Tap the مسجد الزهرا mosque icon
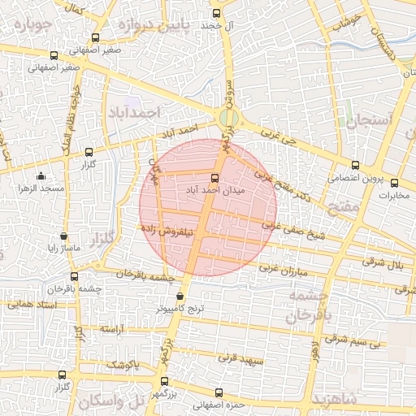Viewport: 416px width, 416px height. pos(41,175)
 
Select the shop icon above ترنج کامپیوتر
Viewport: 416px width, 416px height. pos(180,297)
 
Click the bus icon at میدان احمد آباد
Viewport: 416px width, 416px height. pos(214,178)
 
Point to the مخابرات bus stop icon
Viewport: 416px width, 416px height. pos(394,183)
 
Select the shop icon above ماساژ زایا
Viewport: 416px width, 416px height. pos(64,236)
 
